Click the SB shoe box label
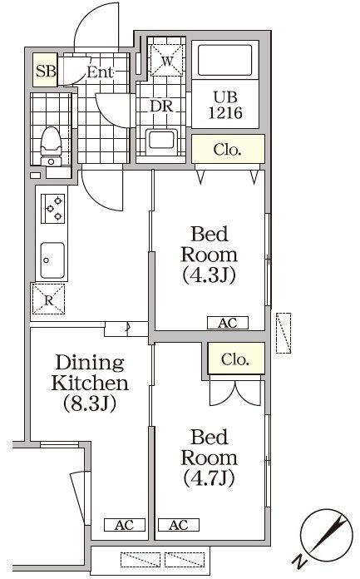tap(46, 72)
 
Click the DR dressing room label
tap(160, 107)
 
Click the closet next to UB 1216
tap(228, 151)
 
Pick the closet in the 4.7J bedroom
tap(236, 359)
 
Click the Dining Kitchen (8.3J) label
tap(90, 384)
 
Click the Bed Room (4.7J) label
tap(209, 457)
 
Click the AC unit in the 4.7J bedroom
tap(177, 525)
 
